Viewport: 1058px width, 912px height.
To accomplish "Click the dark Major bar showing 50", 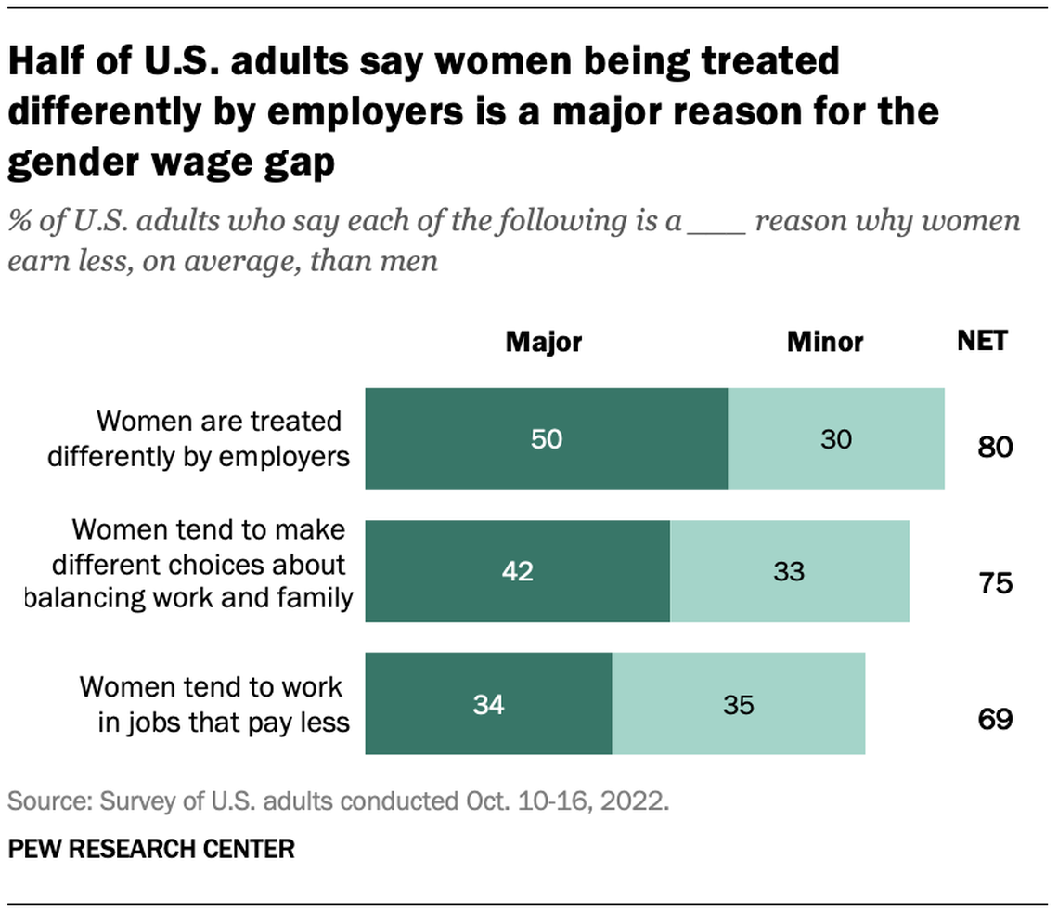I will (547, 439).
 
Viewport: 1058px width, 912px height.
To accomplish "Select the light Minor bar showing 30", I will (836, 439).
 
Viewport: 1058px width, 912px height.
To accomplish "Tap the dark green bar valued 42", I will (517, 571).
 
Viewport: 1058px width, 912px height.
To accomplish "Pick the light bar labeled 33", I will (789, 571).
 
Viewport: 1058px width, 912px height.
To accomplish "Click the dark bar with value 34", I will (488, 704).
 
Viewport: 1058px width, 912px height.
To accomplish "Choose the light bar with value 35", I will (739, 704).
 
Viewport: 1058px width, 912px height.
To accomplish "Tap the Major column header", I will (543, 342).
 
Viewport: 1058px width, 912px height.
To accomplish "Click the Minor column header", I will (825, 342).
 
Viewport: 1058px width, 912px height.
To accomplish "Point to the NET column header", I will (982, 341).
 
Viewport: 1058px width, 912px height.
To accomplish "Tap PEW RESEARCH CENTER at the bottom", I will (152, 848).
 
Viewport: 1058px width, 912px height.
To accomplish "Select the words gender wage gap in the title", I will (172, 162).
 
